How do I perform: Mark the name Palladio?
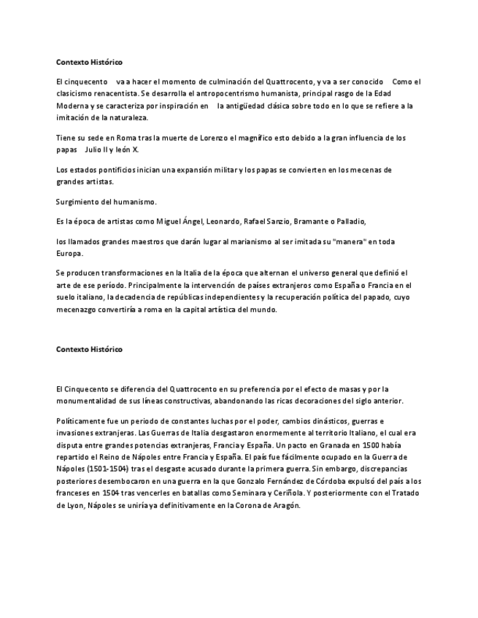[x=351, y=222]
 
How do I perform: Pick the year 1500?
[x=372, y=445]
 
